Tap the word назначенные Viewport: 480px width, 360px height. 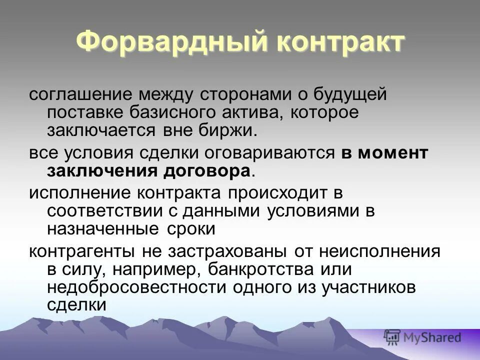101,229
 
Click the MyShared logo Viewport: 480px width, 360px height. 422,338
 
